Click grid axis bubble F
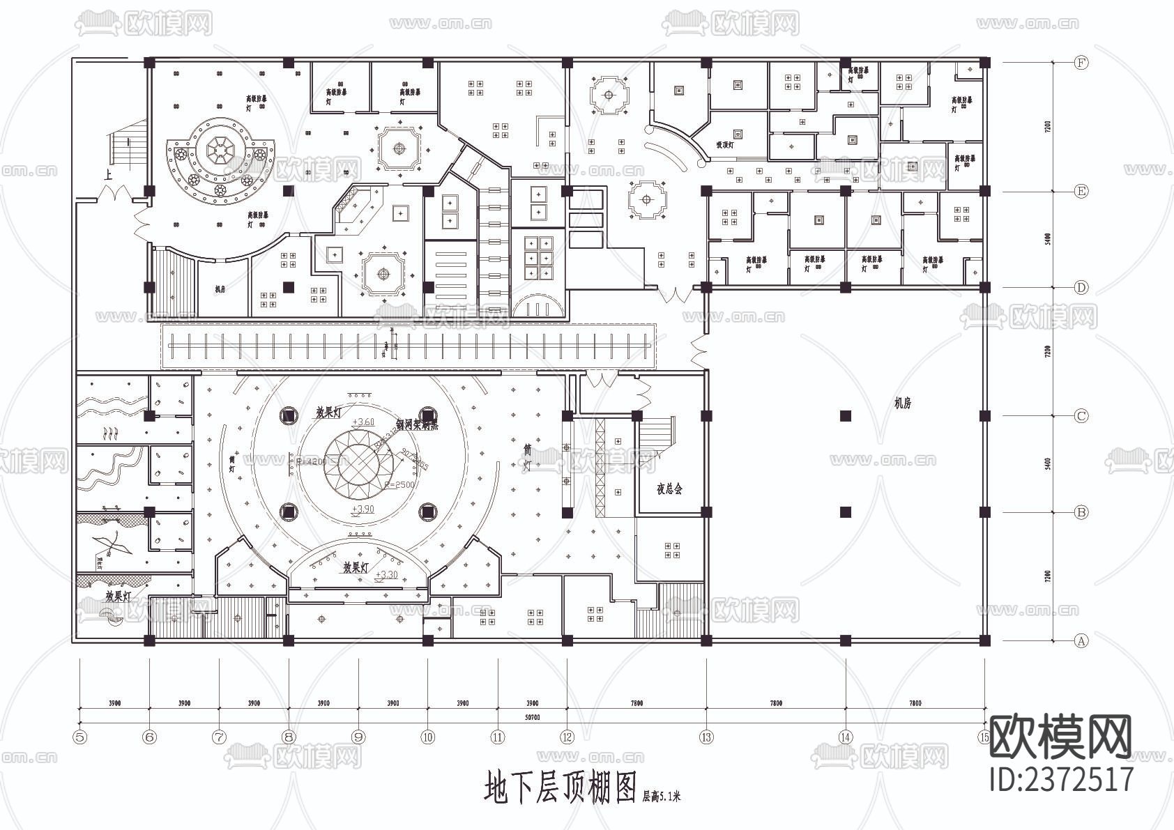point(1081,63)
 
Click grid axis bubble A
point(1081,640)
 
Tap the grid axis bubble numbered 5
point(80,737)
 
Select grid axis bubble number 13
point(706,737)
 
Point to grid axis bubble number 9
point(358,737)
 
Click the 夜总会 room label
point(669,489)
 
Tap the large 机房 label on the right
point(903,403)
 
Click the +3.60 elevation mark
point(363,422)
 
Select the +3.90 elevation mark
point(363,509)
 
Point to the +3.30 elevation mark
point(386,574)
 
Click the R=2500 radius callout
point(400,484)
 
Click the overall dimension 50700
point(532,717)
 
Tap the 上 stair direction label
point(107,176)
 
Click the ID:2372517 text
point(1062,778)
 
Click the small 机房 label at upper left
point(220,289)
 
